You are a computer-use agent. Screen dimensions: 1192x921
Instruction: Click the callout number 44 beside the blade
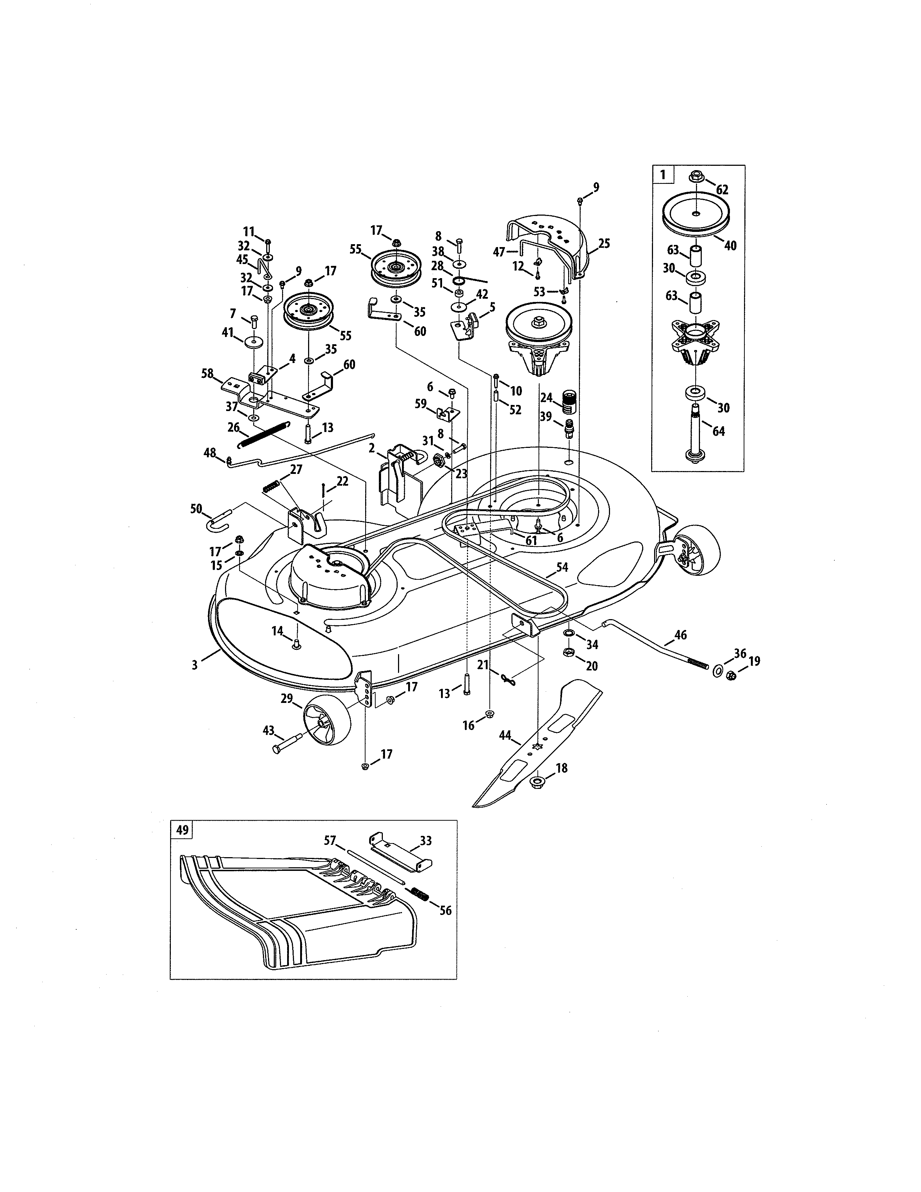pyautogui.click(x=505, y=735)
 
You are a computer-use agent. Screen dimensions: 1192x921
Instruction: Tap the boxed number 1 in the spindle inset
pyautogui.click(x=662, y=175)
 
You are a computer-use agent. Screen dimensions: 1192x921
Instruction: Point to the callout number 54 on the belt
pyautogui.click(x=562, y=567)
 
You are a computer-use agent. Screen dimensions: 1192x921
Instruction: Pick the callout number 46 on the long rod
pyautogui.click(x=680, y=635)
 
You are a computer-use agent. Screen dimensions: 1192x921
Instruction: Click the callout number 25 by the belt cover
pyautogui.click(x=604, y=243)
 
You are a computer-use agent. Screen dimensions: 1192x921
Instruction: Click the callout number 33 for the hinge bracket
pyautogui.click(x=425, y=841)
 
